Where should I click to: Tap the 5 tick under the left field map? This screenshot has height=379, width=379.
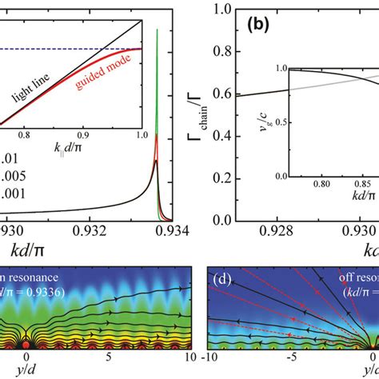108,357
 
